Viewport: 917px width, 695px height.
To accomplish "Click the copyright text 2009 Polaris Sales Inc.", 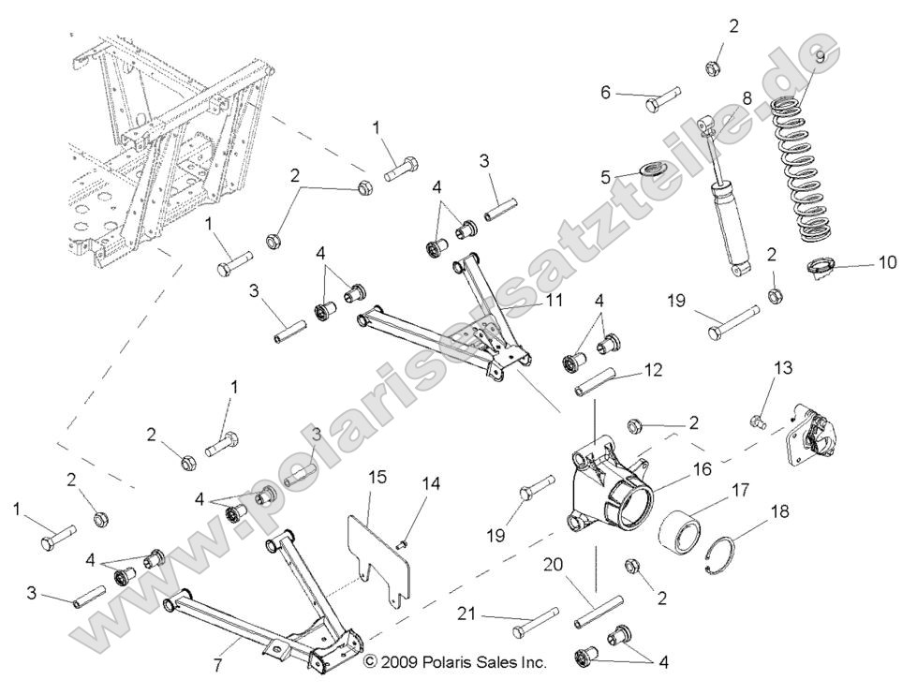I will pos(454,662).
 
